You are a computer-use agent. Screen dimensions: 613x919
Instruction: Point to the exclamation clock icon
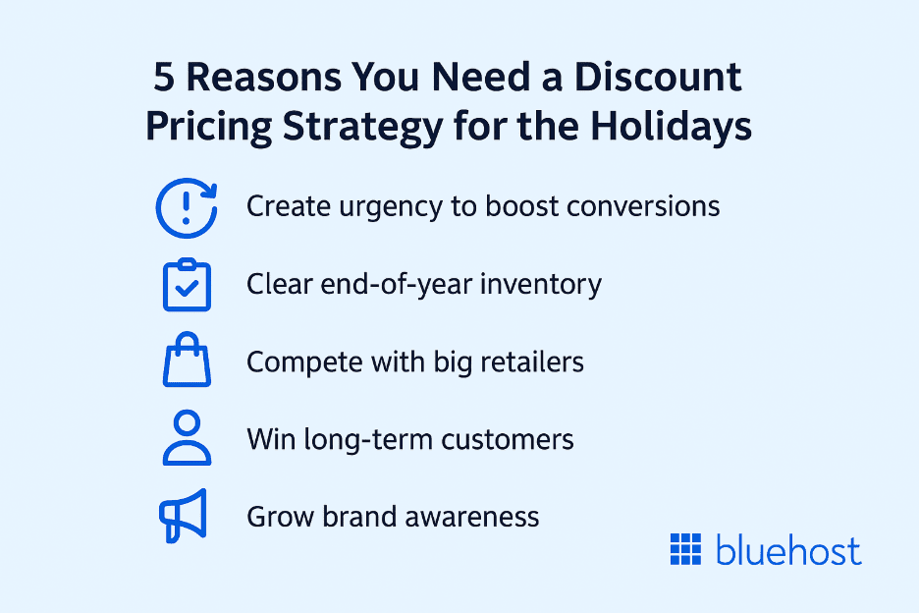click(x=185, y=207)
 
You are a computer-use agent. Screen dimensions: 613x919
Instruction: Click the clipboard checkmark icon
click(x=185, y=285)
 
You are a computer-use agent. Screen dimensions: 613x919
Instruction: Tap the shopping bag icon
click(x=185, y=362)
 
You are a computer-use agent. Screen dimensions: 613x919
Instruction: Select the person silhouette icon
click(x=185, y=438)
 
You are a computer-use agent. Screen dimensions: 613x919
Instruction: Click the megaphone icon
click(x=183, y=515)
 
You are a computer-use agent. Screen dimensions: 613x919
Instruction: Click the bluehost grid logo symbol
click(x=687, y=550)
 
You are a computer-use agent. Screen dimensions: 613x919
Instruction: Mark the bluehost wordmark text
click(x=788, y=550)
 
